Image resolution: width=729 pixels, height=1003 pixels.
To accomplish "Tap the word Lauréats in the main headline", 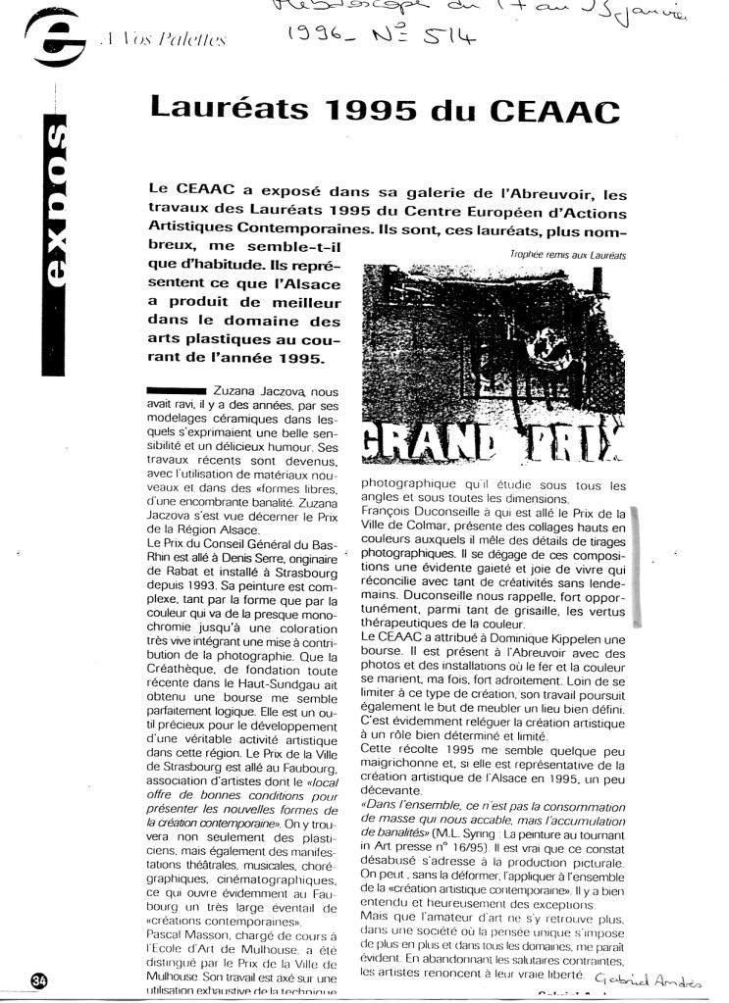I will pos(222,107).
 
